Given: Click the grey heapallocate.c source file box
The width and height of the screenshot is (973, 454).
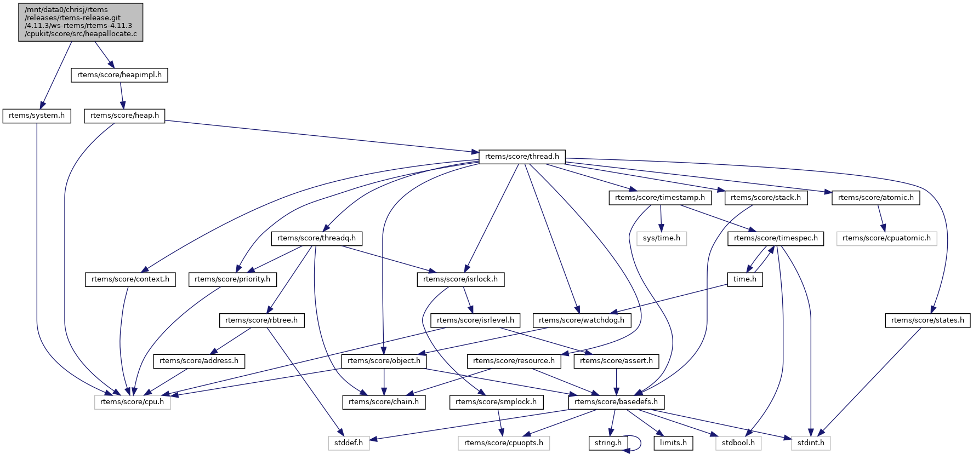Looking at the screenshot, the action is click(x=81, y=22).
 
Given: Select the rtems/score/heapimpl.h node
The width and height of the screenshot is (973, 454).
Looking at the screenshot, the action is click(x=120, y=75).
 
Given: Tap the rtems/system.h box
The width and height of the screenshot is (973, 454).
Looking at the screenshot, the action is click(x=37, y=116).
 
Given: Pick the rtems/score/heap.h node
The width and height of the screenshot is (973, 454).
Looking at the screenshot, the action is click(x=124, y=116).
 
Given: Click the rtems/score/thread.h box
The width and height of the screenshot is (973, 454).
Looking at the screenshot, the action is click(x=522, y=157).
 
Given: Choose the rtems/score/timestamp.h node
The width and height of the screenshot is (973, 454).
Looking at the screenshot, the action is click(x=660, y=198).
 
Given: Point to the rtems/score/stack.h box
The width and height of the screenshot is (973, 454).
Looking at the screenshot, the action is click(x=766, y=198).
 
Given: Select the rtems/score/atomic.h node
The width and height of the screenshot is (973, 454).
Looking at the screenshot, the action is click(x=876, y=198).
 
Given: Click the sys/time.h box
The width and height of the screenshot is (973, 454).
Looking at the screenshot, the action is click(x=662, y=238).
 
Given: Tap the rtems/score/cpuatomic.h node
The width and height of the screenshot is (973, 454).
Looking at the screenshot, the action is click(x=886, y=238).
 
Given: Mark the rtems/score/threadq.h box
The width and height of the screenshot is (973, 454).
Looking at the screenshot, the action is click(x=316, y=238).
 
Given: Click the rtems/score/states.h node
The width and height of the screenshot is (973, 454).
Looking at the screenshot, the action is click(x=928, y=320).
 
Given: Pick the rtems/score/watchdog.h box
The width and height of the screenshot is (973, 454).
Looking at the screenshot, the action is click(x=582, y=320).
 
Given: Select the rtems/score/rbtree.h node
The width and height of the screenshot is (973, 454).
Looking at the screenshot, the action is click(x=261, y=320).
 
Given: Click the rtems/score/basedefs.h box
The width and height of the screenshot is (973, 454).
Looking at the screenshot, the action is click(x=616, y=402).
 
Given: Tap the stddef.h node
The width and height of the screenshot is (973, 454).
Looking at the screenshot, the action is click(x=349, y=443).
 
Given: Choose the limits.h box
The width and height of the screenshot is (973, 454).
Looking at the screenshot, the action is click(x=673, y=443).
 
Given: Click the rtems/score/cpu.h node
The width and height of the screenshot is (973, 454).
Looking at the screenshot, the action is click(x=132, y=402).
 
